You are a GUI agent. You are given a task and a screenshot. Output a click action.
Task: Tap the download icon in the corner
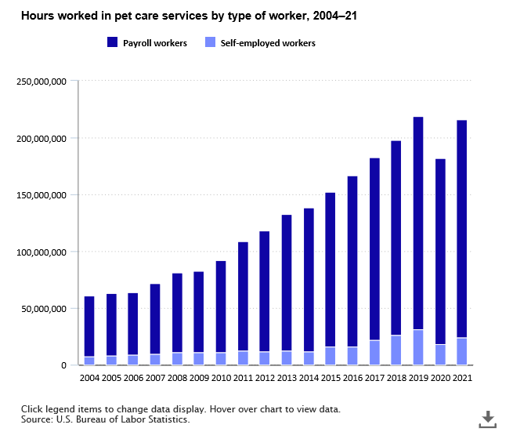coord(487,419)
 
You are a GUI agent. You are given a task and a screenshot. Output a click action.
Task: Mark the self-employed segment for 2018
coord(396,350)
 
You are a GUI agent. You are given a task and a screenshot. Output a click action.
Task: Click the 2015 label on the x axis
coord(331,378)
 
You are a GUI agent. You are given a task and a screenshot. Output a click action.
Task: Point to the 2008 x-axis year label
coord(177,378)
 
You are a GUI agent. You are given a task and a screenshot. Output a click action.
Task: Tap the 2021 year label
coord(462,378)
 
